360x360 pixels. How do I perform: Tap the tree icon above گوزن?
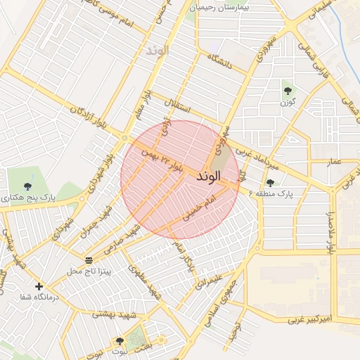click(x=288, y=90)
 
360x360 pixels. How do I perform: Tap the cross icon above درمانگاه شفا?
click(x=38, y=286)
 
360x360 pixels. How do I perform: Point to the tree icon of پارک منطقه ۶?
click(x=270, y=183)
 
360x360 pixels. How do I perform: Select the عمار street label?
click(x=335, y=162)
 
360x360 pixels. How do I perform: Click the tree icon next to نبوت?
click(x=120, y=342)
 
